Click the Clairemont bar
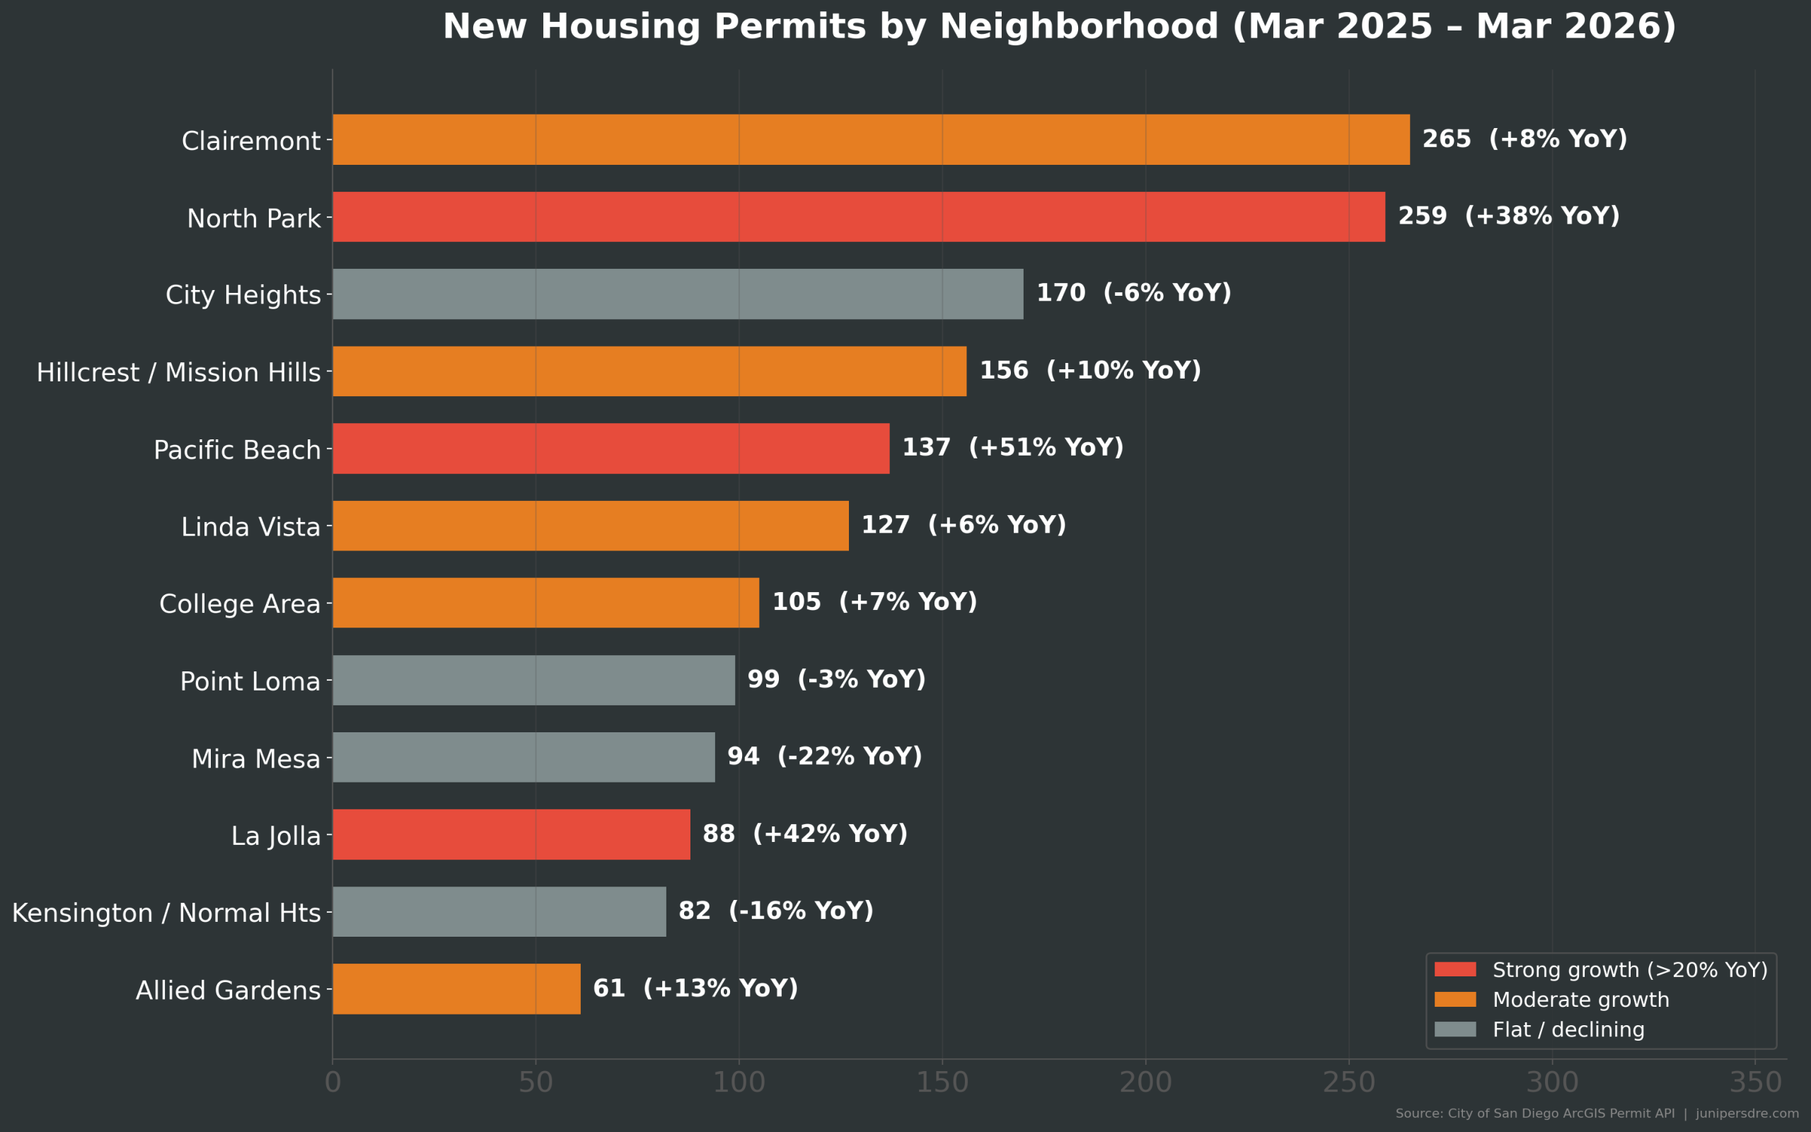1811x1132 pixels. coord(870,139)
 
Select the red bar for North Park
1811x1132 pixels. coord(858,216)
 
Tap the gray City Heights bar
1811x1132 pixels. coord(677,294)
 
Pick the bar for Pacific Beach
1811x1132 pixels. coord(611,449)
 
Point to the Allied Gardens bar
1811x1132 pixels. coord(456,989)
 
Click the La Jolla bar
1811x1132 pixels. coord(511,834)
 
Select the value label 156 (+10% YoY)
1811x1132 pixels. coord(1089,371)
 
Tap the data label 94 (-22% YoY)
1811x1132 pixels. coord(824,756)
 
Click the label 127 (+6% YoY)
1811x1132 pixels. coord(963,525)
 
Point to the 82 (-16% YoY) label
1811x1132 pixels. coord(775,911)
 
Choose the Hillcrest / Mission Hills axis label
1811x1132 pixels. coord(178,373)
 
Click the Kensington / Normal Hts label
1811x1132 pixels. coord(166,913)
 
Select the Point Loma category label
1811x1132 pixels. coord(250,682)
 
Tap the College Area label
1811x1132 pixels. coord(240,604)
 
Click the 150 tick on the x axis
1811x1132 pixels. coord(942,1082)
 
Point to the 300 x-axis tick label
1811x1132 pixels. coord(1552,1082)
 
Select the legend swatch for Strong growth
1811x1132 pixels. coord(1454,969)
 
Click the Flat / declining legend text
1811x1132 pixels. coord(1568,1029)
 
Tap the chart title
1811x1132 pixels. coord(1059,27)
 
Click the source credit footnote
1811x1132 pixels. coord(1596,1114)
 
